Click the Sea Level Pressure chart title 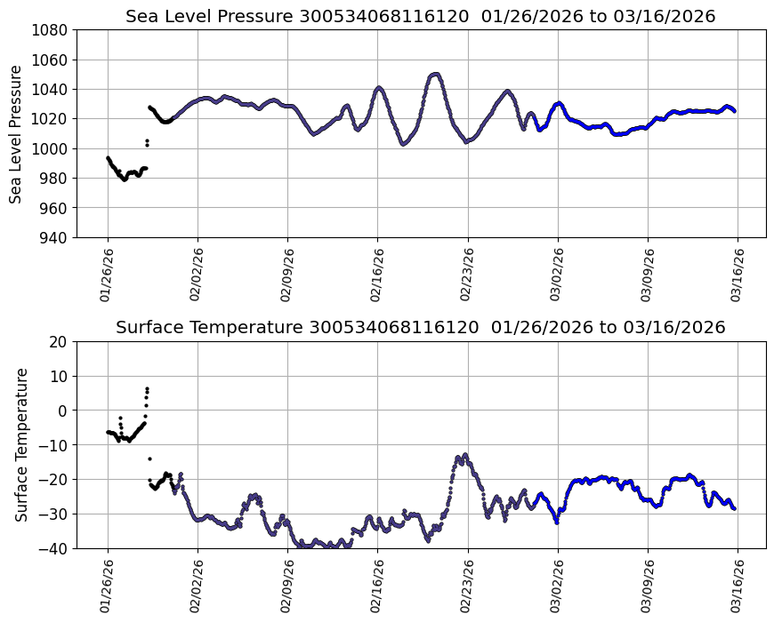420,16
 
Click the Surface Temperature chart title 420,327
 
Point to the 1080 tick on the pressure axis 52,30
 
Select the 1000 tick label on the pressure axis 52,148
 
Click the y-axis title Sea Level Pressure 17,133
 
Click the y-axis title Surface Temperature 21,444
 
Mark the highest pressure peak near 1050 434,74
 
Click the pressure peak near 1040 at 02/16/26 379,88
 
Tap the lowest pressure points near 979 125,179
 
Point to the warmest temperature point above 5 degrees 147,388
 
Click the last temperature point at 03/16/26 735,508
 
